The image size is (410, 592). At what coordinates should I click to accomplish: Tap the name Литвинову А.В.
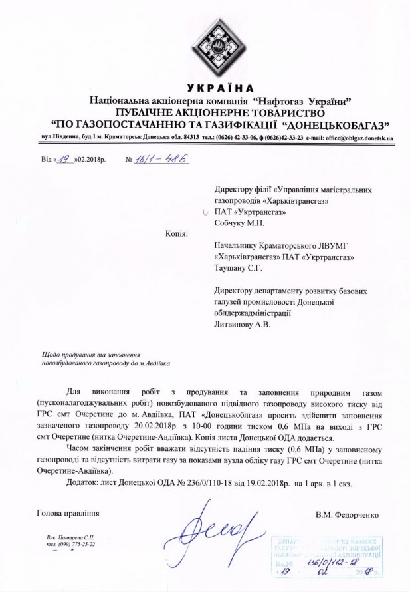click(x=244, y=325)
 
